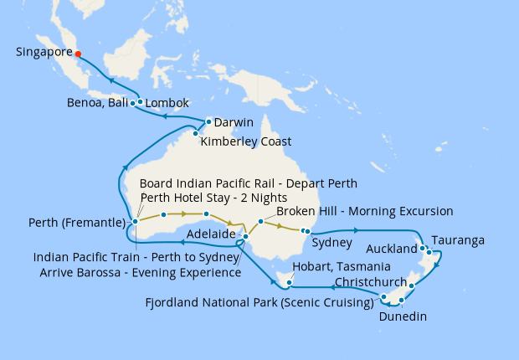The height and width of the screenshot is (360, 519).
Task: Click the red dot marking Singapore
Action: coord(78,54)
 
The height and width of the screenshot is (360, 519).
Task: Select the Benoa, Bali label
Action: coord(97,104)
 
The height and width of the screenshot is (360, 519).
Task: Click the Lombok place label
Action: coord(167,104)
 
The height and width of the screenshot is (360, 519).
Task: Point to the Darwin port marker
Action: coord(208,121)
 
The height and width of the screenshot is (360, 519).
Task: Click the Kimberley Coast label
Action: coord(246,142)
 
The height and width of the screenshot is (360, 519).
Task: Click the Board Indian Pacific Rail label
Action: coord(249,183)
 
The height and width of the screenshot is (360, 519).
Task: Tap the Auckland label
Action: coord(391,249)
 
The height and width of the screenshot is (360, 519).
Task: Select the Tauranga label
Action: coord(459,241)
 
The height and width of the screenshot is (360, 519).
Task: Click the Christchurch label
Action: coord(370,282)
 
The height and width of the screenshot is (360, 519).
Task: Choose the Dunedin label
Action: coord(403,316)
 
